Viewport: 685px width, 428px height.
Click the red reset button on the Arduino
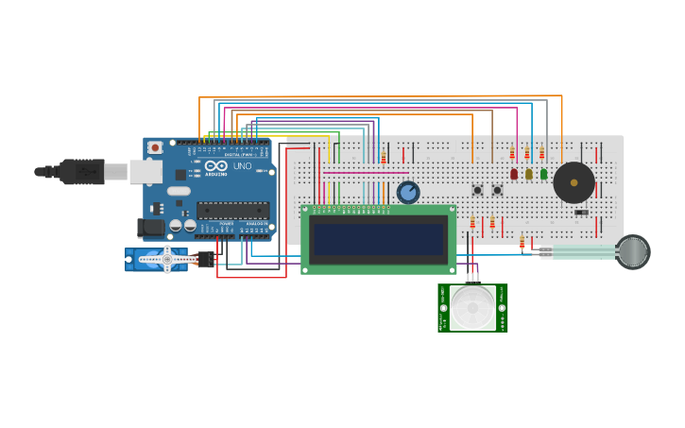154,148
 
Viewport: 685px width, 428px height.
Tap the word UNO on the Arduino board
242,166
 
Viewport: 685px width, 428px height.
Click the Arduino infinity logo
215,166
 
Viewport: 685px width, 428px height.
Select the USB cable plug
81,171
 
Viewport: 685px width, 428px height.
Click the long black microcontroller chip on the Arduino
232,211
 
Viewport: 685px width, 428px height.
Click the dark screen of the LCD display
379,240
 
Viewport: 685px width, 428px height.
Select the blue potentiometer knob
408,193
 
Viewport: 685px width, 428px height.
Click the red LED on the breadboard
514,174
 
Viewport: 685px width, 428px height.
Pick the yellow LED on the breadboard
528,174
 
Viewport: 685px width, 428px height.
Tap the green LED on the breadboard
543,174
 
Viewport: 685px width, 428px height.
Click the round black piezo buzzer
574,182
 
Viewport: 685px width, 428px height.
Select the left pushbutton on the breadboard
477,190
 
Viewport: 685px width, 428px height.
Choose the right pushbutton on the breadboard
497,190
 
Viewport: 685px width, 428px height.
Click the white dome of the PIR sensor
472,308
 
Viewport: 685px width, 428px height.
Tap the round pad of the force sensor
633,251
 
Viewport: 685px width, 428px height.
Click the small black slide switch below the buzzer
581,212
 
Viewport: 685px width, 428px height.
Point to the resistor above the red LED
512,153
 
